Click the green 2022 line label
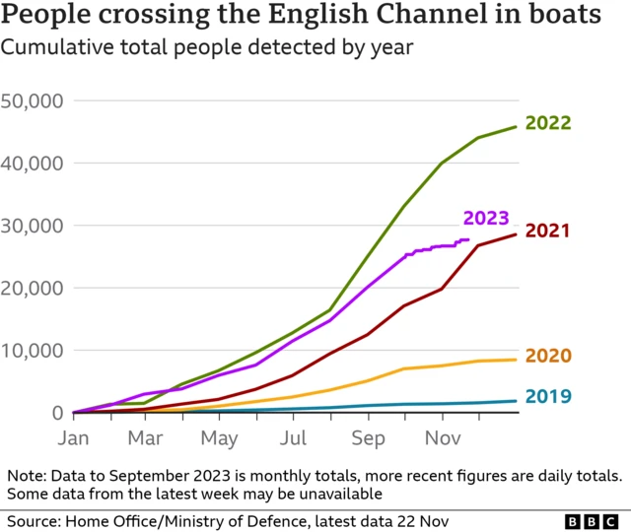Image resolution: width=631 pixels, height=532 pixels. point(548,123)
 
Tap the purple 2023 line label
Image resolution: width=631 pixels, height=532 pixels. point(486,219)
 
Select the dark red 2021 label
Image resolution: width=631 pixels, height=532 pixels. point(548,232)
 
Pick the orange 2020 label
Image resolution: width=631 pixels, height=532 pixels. point(548,356)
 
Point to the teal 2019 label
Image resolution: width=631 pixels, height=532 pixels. point(548,397)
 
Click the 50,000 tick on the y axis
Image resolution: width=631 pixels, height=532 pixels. point(33,100)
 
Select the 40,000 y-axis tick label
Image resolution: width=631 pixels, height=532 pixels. point(33,163)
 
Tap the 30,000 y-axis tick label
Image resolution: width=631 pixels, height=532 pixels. point(33,226)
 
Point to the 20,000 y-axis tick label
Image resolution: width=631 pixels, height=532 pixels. point(33,288)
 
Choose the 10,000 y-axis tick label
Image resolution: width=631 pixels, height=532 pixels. point(33,351)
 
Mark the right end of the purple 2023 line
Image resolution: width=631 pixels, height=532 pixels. point(468,239)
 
